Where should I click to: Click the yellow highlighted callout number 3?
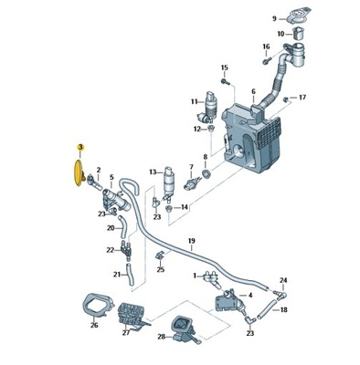pyautogui.click(x=80, y=147)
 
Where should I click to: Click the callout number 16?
pyautogui.click(x=265, y=47)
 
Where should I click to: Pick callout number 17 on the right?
pyautogui.click(x=303, y=97)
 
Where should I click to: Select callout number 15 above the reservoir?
pyautogui.click(x=224, y=68)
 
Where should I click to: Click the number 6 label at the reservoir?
pyautogui.click(x=253, y=91)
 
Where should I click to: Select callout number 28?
pyautogui.click(x=162, y=337)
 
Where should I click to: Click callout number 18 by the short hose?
pyautogui.click(x=284, y=310)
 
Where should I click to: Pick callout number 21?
pyautogui.click(x=118, y=274)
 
